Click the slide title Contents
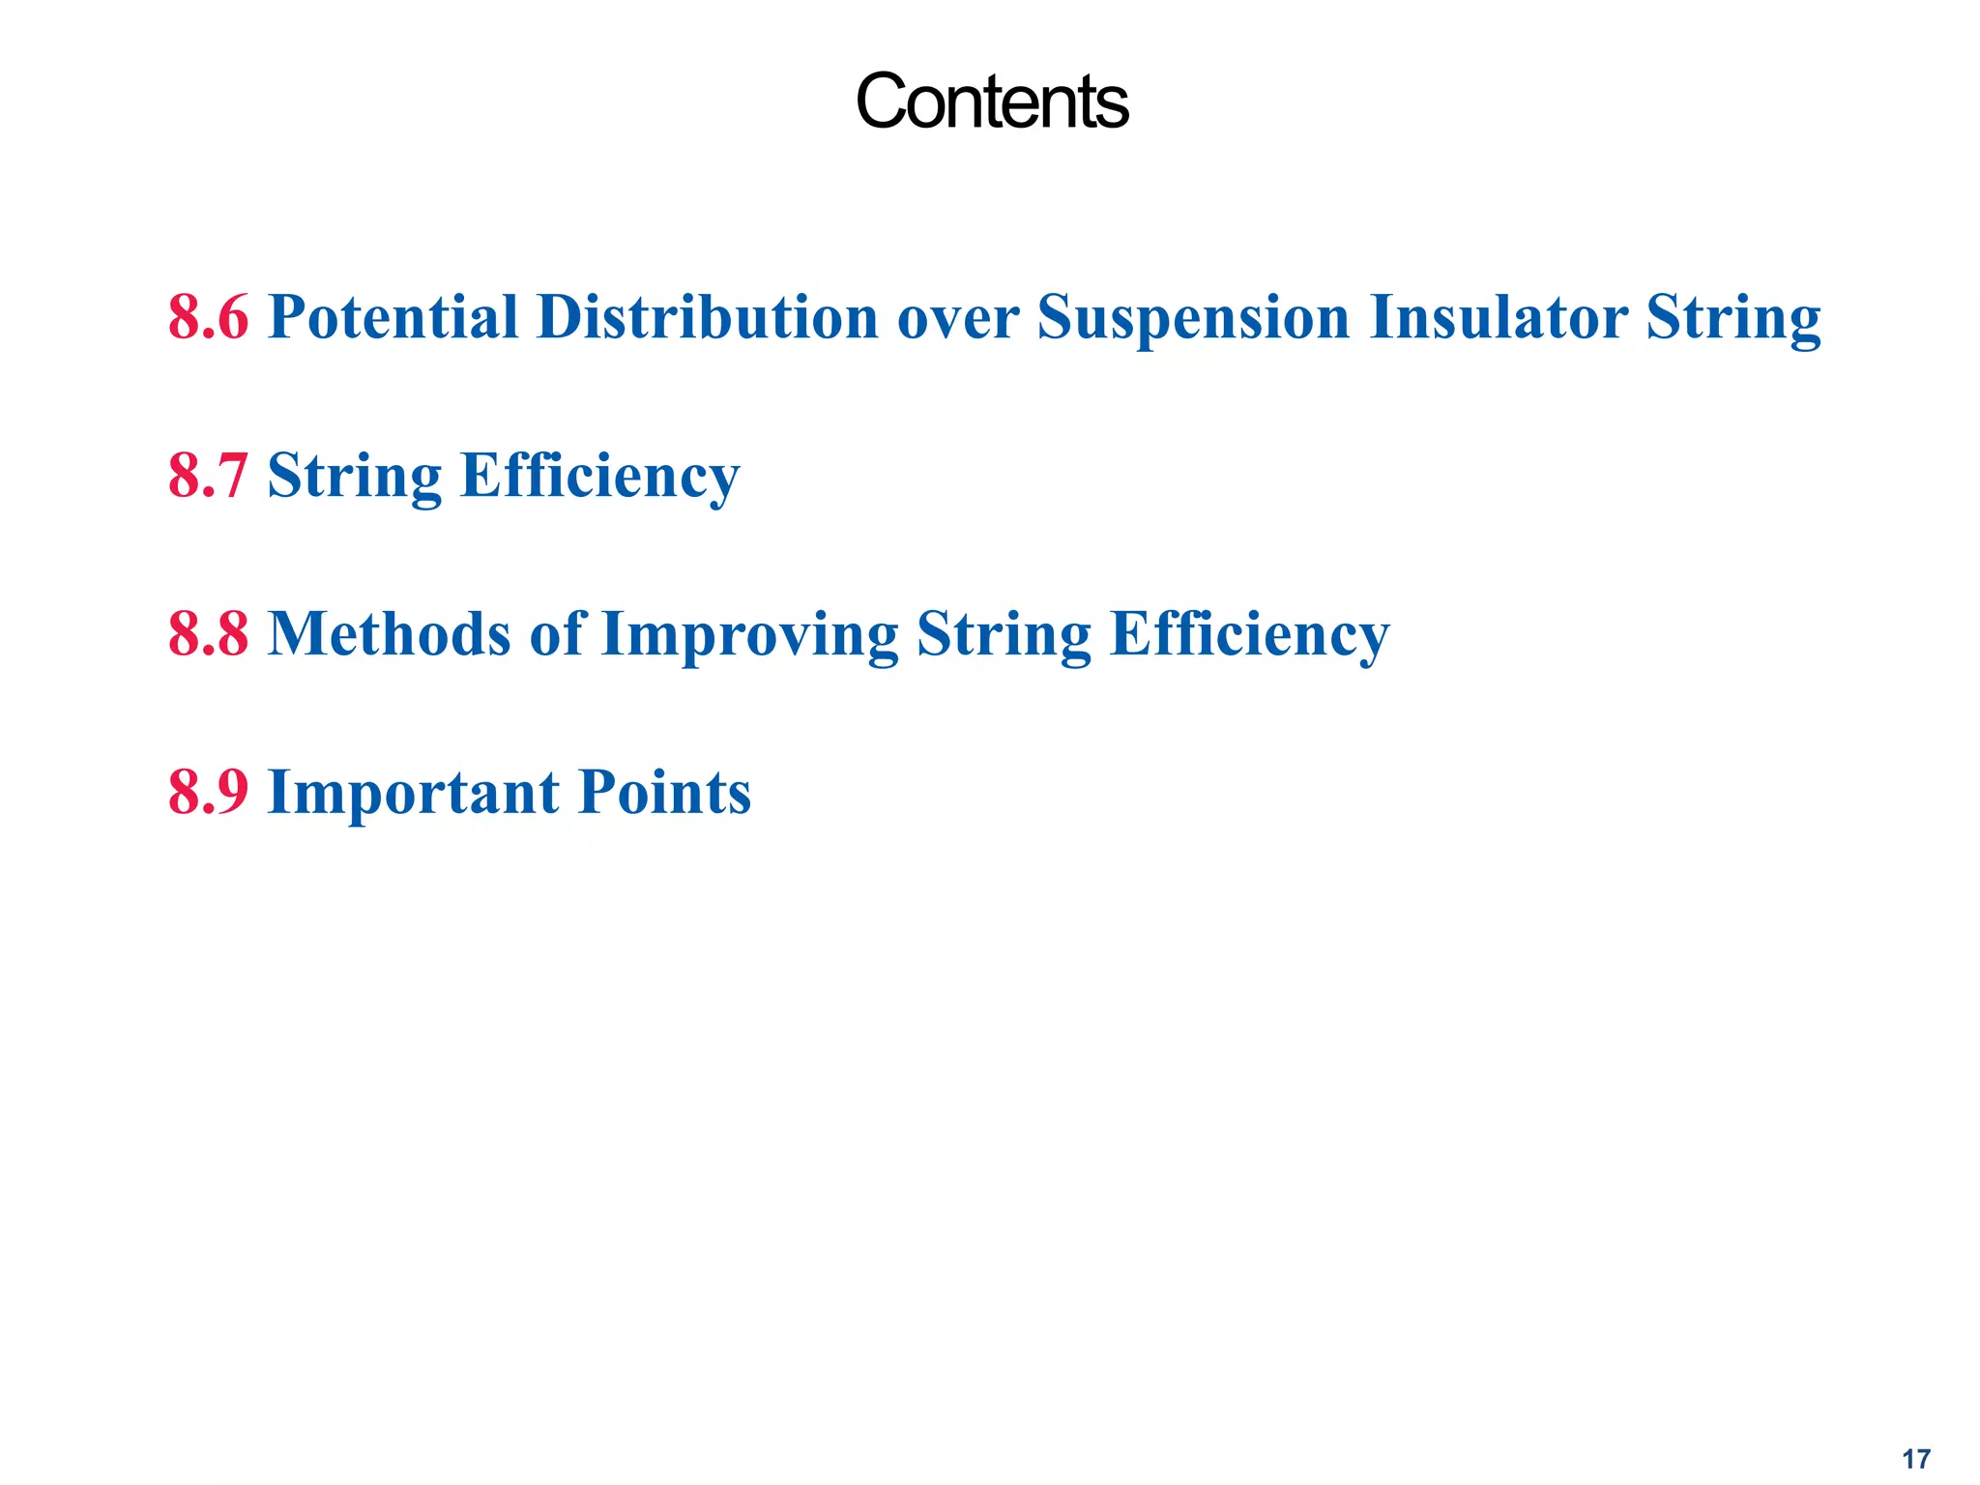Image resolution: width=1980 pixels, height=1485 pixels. (991, 102)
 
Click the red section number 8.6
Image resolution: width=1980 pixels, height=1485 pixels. (208, 317)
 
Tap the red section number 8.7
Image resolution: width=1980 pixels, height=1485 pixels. (208, 476)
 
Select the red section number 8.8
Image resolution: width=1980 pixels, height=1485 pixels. (208, 634)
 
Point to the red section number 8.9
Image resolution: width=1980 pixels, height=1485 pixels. (208, 793)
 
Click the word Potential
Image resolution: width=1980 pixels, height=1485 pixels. (393, 317)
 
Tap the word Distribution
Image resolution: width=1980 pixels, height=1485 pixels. (707, 317)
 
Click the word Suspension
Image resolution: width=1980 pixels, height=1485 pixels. (1193, 319)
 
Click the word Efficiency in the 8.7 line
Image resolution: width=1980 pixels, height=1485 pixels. (599, 478)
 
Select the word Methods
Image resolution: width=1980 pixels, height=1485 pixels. (389, 634)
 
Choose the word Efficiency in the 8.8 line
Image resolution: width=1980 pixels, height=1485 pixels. (1249, 636)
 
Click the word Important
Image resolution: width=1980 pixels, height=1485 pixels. (413, 795)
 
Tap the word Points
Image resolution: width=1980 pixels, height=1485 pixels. (664, 793)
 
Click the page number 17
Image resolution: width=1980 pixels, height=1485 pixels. (1916, 1459)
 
